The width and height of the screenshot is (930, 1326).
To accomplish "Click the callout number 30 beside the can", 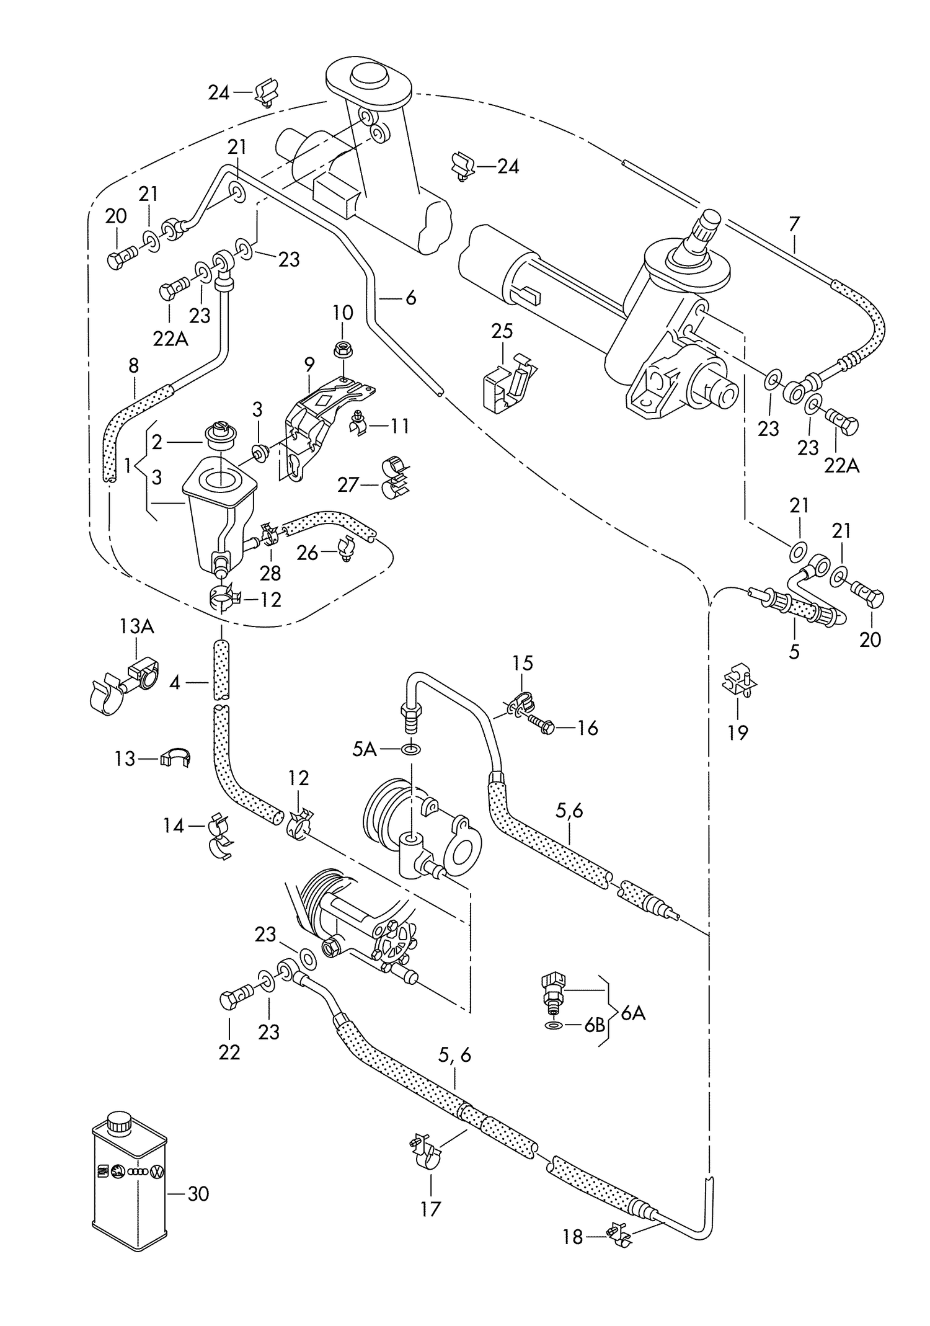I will click(198, 1193).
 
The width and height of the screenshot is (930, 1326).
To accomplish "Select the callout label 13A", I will click(136, 626).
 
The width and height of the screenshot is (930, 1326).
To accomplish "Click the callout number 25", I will click(502, 331).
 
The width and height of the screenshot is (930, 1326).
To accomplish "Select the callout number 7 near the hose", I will click(794, 223).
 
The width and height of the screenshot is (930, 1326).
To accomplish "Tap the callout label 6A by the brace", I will click(632, 1014).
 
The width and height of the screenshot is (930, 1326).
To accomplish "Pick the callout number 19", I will click(738, 732).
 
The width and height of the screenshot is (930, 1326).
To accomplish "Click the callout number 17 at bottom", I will click(430, 1208).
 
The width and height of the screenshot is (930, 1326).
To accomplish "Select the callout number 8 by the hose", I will click(134, 365).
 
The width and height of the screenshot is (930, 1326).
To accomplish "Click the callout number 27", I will click(348, 484).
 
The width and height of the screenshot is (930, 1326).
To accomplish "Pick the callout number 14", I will click(174, 826).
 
